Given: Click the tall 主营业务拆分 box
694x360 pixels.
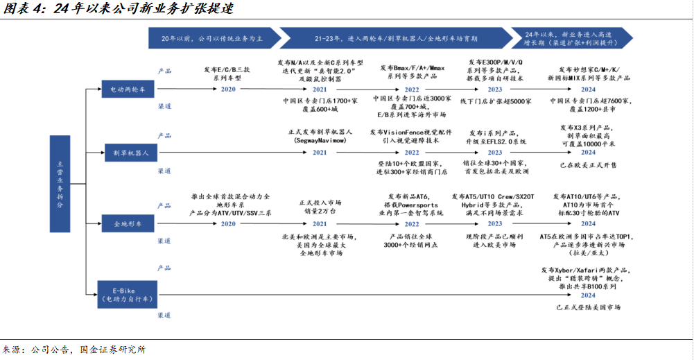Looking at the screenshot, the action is point(60,184).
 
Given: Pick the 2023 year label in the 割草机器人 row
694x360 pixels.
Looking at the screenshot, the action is point(495,152).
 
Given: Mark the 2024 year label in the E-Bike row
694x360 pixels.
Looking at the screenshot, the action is point(588,295).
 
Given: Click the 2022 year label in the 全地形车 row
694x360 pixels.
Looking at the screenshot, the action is point(412,224).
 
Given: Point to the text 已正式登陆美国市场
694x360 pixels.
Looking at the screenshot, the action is point(588,307).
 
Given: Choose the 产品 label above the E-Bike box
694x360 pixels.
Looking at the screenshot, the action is point(164,268).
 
